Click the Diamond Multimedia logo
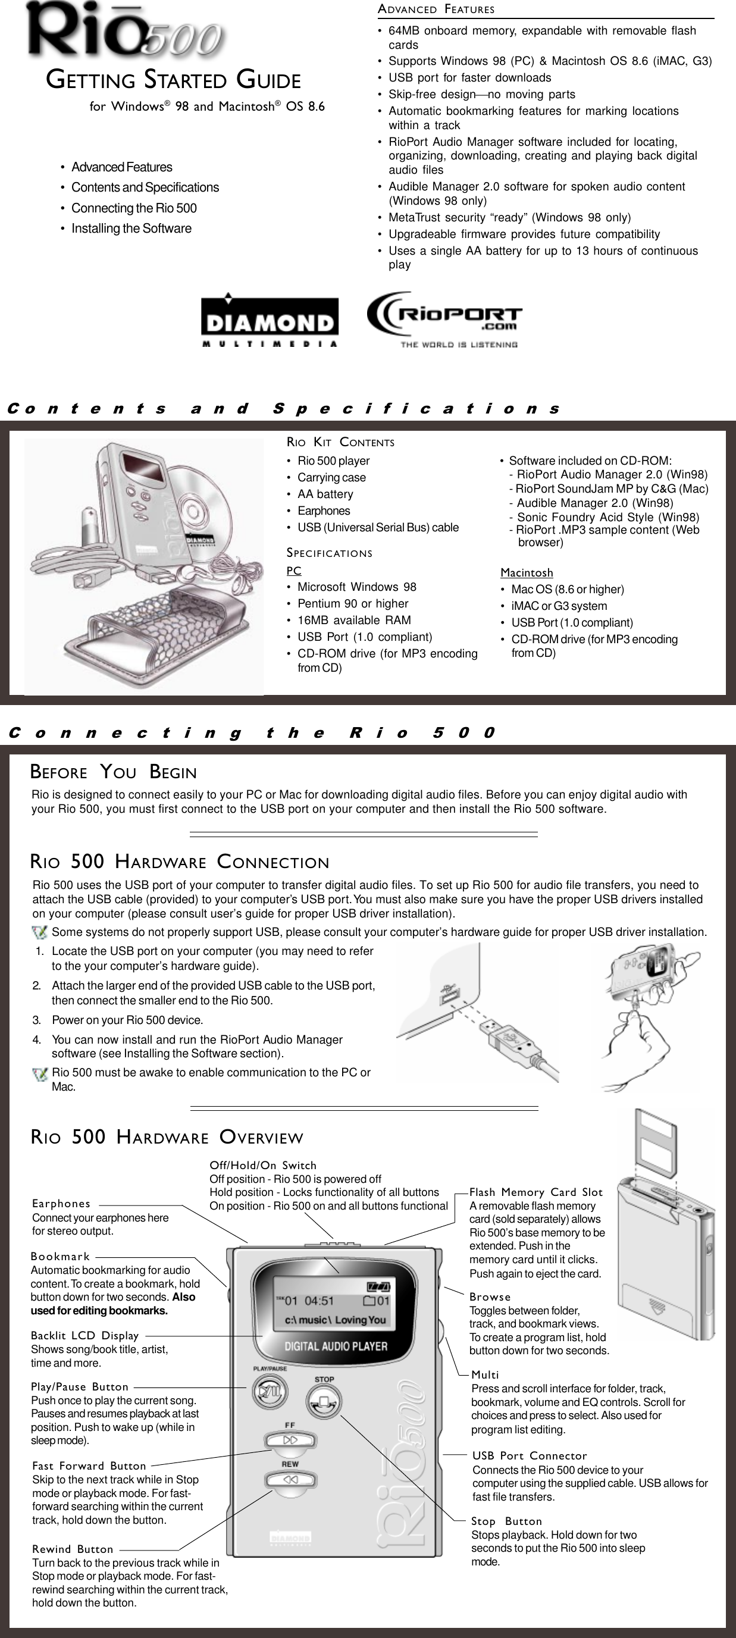270,322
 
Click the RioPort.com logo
444,320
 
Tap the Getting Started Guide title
174,81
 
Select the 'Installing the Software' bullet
131,228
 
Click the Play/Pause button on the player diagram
267,1392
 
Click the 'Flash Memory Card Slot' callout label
535,1192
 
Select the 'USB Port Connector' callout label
530,1456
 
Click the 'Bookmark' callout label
61,1257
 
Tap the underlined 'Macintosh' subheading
526,573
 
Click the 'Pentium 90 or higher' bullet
352,603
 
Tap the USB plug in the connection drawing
509,1035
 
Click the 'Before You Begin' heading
113,772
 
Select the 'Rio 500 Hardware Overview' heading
167,1138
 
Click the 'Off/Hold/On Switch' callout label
263,1166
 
